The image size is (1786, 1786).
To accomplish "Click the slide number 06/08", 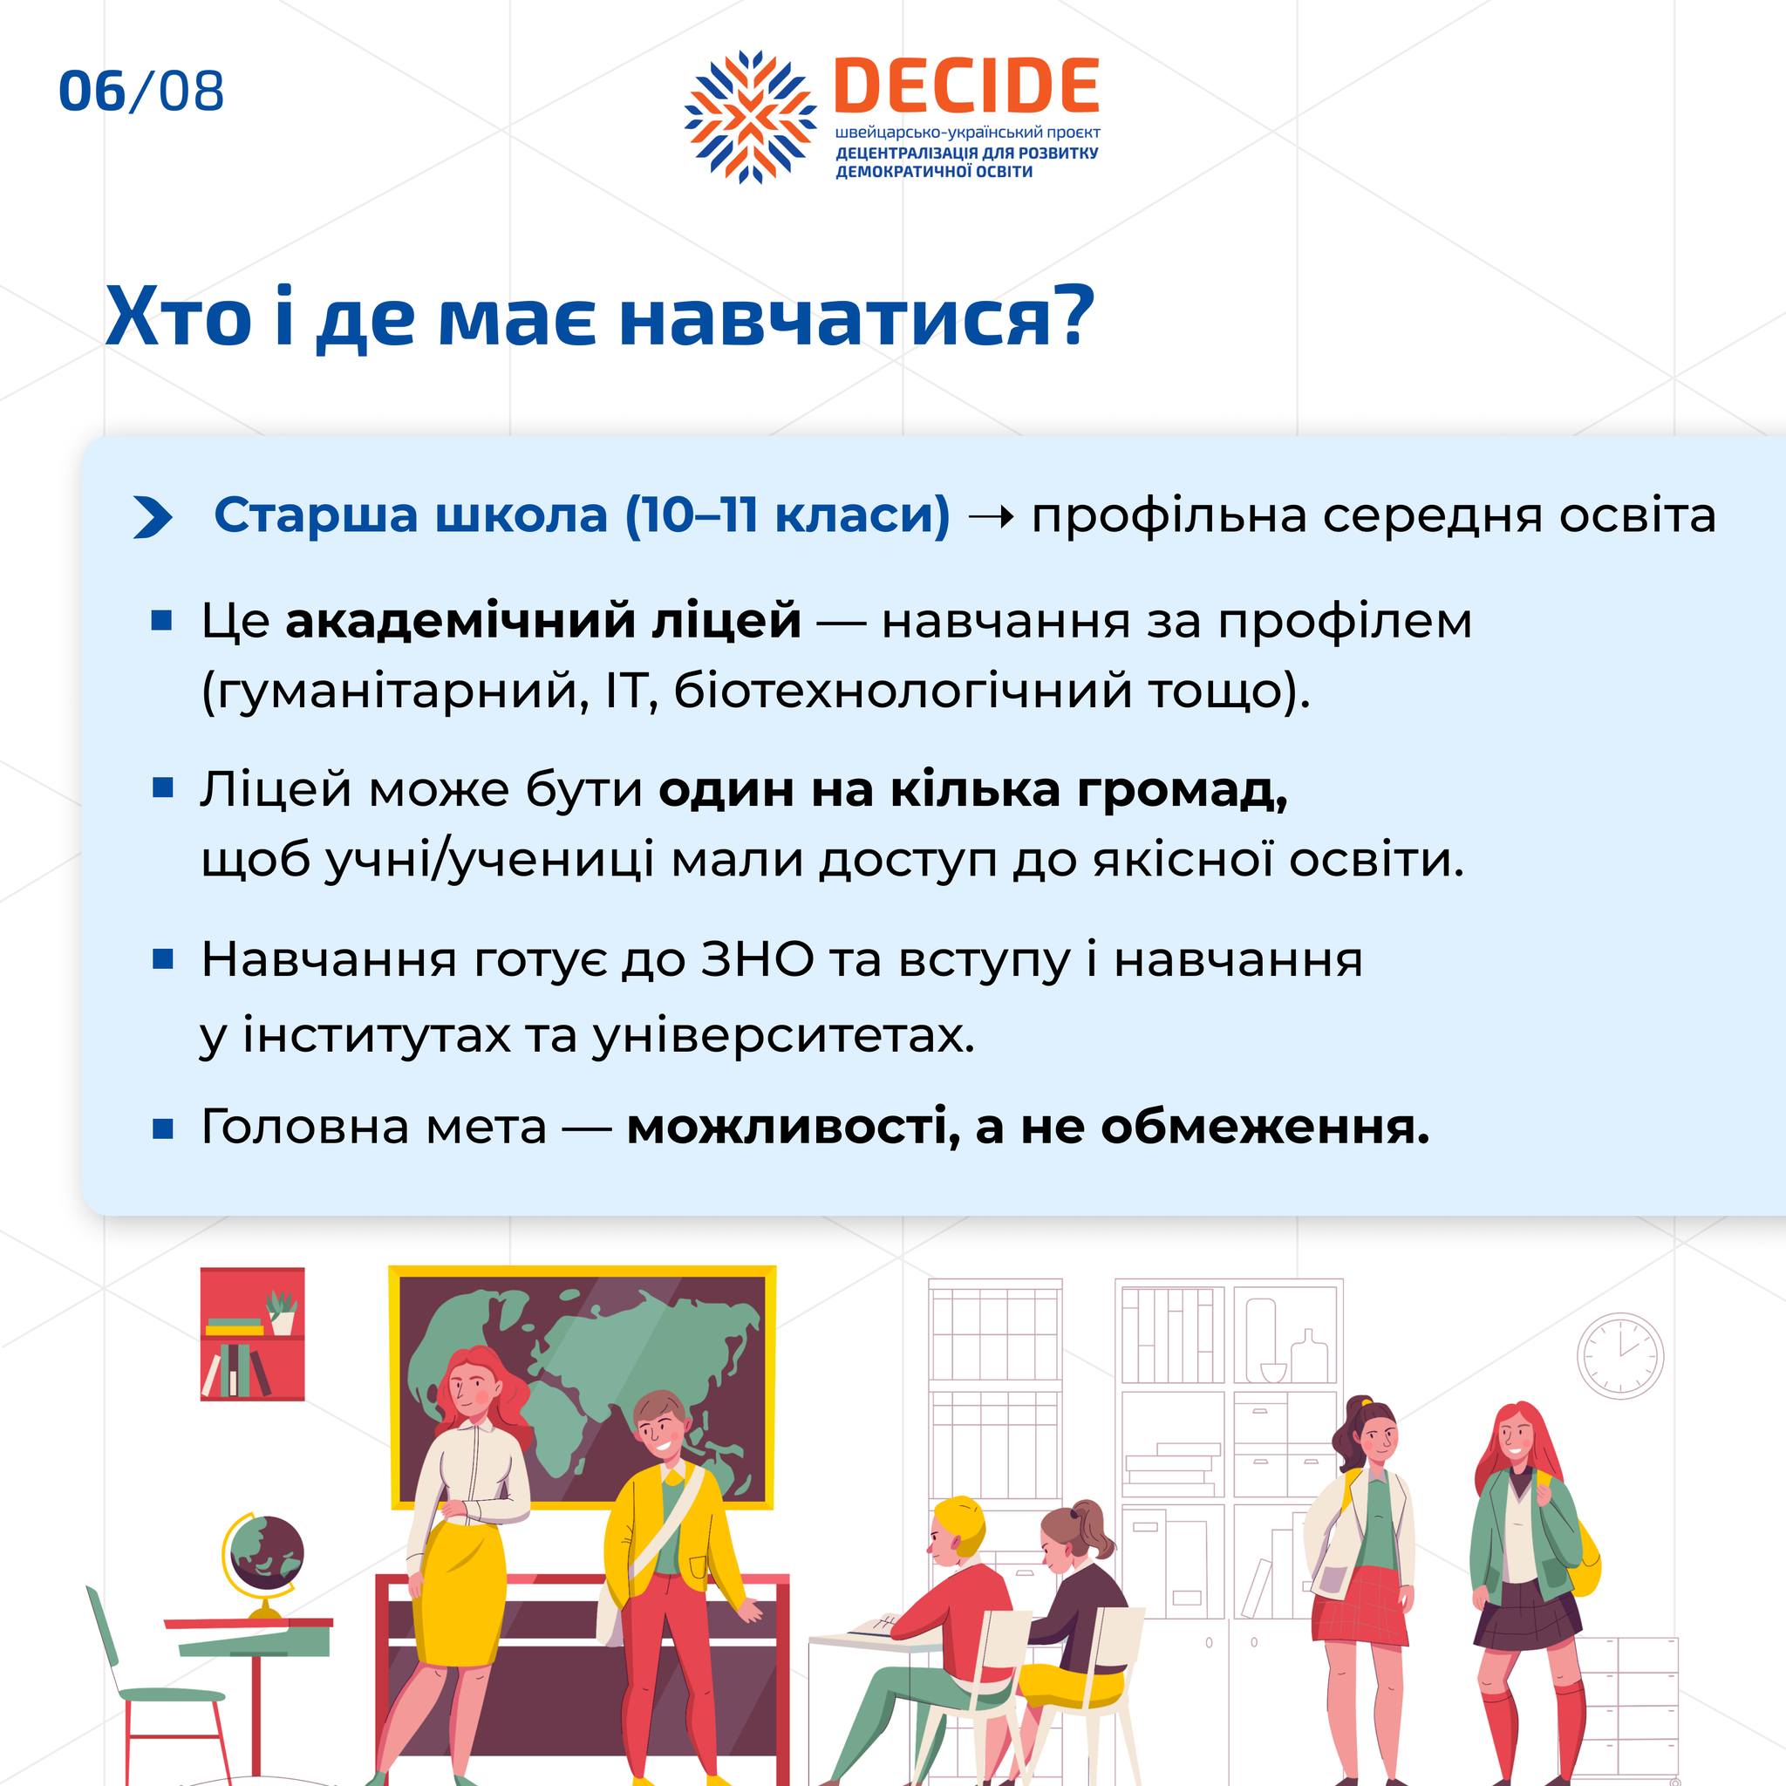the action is (141, 91).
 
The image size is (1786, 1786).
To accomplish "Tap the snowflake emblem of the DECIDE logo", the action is (751, 117).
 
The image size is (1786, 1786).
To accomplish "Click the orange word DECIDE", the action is (967, 86).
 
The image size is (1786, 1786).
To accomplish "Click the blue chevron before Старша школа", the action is (153, 517).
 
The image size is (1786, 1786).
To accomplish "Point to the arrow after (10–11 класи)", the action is (990, 516).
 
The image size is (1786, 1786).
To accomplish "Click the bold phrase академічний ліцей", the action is (542, 621).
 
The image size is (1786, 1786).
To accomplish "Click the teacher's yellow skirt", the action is (459, 1585).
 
